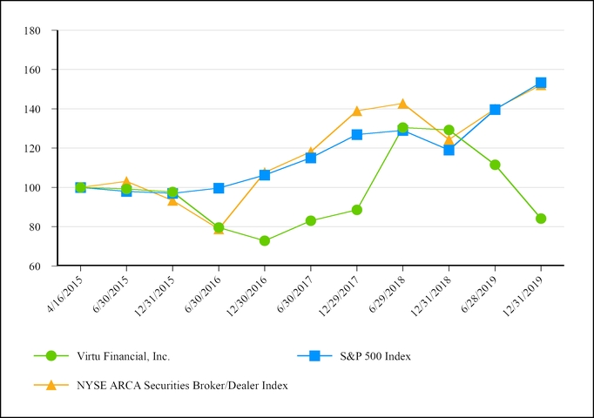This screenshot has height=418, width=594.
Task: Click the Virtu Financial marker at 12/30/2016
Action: tap(265, 240)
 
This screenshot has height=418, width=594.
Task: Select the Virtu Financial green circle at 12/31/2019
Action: tap(541, 219)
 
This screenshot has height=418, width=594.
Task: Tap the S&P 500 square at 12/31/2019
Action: tap(541, 83)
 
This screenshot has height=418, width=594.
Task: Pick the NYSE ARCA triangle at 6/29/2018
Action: tap(402, 104)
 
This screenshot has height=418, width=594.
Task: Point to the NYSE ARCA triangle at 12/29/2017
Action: tap(357, 111)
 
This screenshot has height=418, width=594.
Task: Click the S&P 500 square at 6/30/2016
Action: tap(219, 188)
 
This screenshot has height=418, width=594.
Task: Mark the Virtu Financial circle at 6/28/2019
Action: tap(495, 165)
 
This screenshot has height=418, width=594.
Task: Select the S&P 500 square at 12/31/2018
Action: tap(449, 150)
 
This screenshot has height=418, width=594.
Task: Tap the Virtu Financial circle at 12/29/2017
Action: tap(357, 210)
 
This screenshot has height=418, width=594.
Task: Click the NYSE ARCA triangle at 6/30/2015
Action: tap(126, 182)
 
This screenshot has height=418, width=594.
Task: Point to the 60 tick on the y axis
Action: tap(36, 266)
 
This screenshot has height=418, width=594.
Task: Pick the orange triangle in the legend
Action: tap(51, 385)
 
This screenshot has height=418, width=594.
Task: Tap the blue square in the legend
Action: tap(315, 355)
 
